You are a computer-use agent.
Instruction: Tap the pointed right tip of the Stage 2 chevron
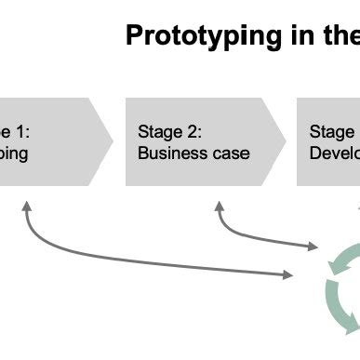[285, 141]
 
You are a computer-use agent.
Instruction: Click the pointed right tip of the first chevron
[112, 141]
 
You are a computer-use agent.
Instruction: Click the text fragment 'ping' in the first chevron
[14, 153]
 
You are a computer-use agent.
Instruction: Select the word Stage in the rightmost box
[331, 131]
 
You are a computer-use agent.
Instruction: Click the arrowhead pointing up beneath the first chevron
[25, 211]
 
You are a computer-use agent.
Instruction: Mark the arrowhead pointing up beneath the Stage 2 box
[220, 211]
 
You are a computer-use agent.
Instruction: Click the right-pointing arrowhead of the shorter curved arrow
[314, 247]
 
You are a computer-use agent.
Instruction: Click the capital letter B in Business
[143, 153]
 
